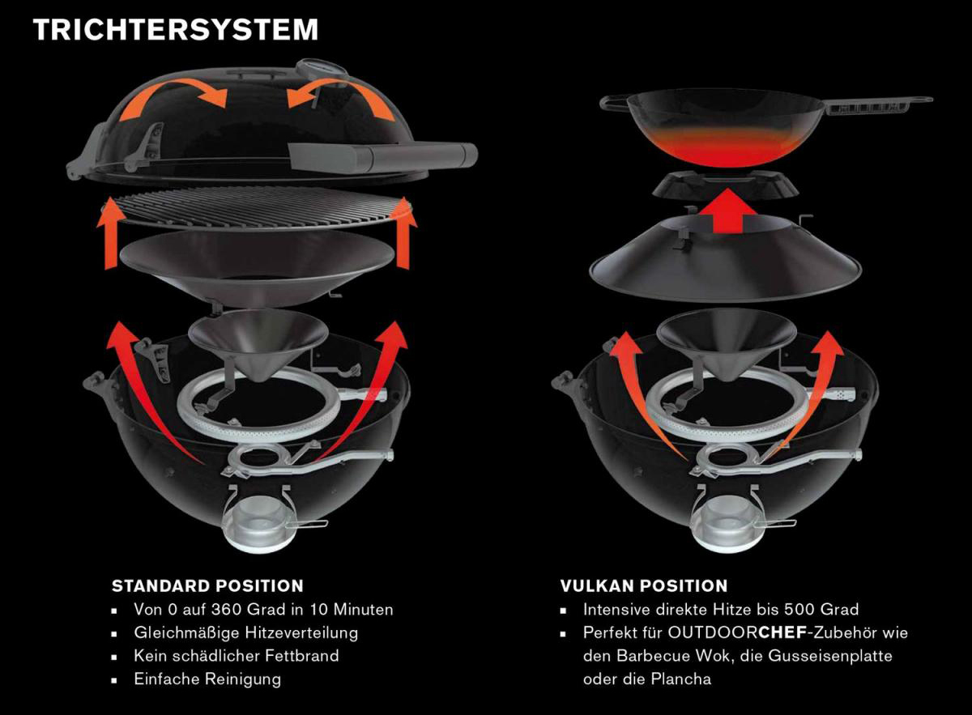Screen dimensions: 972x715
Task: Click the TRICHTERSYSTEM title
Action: tap(176, 29)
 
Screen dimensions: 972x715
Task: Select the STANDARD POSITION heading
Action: tap(207, 585)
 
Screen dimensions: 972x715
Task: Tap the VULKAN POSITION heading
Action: tap(644, 585)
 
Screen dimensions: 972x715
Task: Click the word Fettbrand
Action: tap(302, 656)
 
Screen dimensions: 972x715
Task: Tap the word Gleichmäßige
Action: tap(187, 633)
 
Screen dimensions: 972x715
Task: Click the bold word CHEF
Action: tap(782, 632)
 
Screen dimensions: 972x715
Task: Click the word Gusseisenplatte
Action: tap(830, 656)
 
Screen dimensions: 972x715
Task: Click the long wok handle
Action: tap(876, 106)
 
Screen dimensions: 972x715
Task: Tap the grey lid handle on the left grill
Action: tap(382, 157)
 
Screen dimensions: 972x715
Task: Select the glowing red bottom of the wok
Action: tap(725, 147)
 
